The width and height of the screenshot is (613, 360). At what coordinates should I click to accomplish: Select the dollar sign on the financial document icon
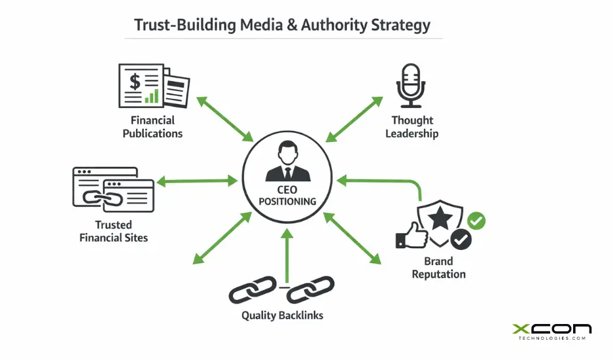click(135, 82)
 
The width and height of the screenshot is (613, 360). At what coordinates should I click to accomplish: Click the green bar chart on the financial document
click(152, 96)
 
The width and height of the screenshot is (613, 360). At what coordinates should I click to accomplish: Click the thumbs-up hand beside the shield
click(411, 236)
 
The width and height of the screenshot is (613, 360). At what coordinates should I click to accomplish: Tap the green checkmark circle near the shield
click(477, 221)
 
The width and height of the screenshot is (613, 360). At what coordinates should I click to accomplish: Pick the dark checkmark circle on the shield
click(461, 240)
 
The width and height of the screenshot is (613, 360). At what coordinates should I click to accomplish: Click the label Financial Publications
click(152, 127)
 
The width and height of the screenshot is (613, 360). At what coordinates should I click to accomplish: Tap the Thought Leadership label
click(412, 127)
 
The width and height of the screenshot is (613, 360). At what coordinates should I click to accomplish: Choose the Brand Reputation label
click(438, 268)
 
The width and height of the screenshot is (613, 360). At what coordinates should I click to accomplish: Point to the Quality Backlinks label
click(282, 315)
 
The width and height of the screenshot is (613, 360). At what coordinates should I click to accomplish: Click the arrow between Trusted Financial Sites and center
click(196, 179)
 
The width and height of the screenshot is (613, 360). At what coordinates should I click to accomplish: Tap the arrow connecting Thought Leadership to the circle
click(354, 118)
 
